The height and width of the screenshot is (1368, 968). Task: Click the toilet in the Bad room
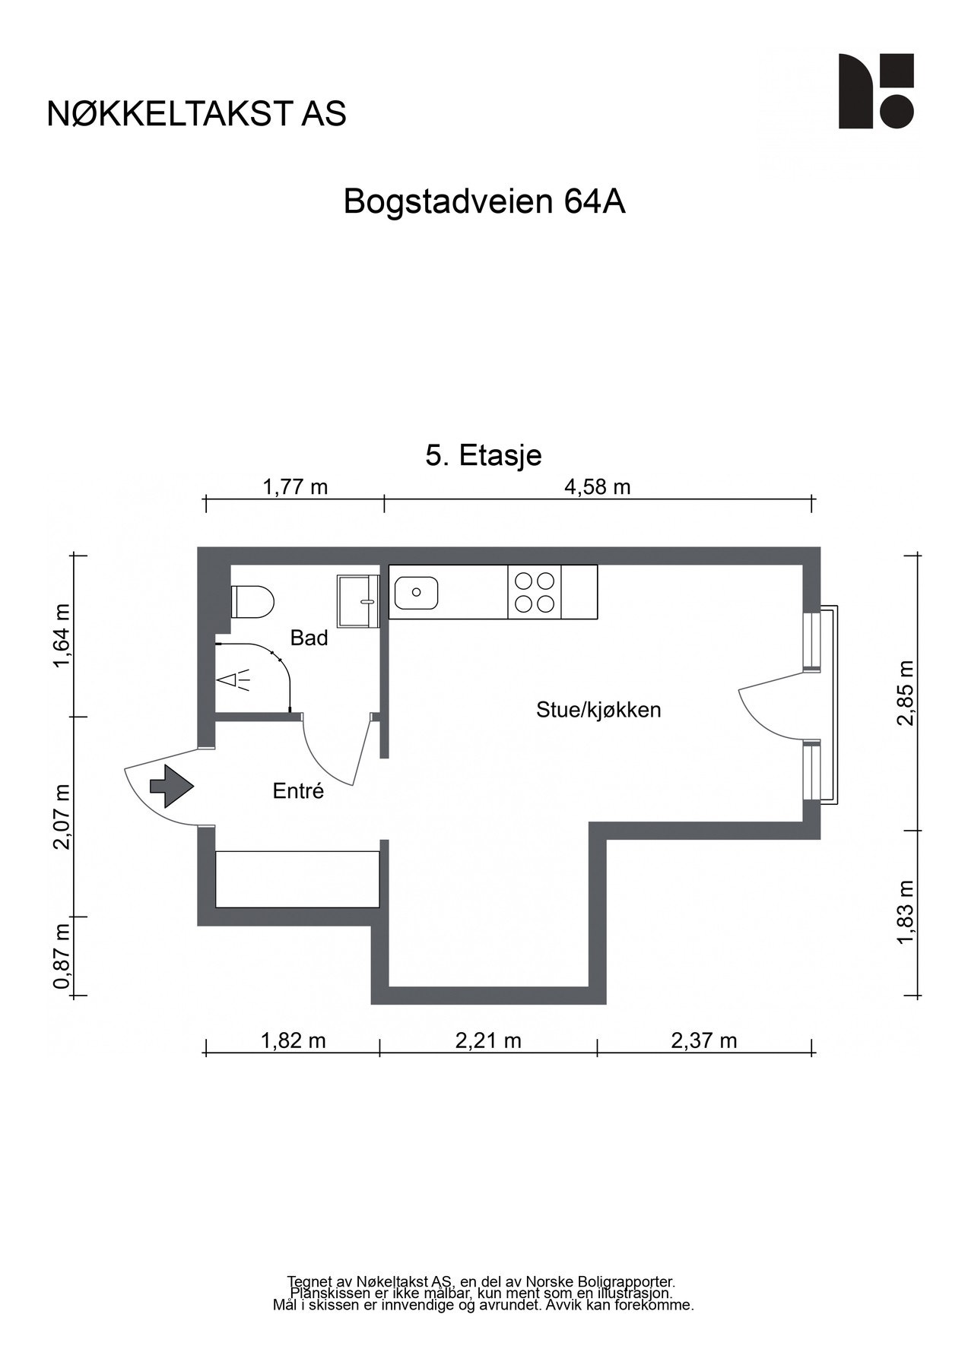(x=252, y=602)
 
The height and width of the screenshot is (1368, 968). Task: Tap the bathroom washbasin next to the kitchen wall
(x=358, y=600)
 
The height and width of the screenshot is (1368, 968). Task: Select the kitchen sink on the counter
(x=415, y=592)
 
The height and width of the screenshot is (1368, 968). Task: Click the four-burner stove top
(x=534, y=592)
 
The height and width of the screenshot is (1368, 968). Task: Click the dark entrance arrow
(x=171, y=786)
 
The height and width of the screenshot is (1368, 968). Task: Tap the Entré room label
(x=298, y=791)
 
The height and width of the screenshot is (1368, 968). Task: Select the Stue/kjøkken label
(x=598, y=710)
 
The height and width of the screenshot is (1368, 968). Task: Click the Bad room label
(x=309, y=638)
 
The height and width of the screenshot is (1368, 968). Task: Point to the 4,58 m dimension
(x=597, y=486)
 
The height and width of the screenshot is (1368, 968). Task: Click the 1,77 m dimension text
(x=295, y=486)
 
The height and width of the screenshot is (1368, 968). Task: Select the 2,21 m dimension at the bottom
(x=488, y=1040)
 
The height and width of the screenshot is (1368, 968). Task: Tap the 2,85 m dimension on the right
(x=905, y=692)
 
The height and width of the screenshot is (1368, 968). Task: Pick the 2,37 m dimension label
(x=703, y=1040)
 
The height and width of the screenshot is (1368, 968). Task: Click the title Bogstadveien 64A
(x=484, y=202)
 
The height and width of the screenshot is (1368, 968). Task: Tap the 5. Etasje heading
(x=484, y=455)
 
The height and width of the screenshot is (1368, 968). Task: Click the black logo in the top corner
(x=875, y=91)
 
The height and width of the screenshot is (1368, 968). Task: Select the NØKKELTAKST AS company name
(x=197, y=113)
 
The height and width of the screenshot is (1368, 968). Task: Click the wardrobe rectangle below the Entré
(x=297, y=879)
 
